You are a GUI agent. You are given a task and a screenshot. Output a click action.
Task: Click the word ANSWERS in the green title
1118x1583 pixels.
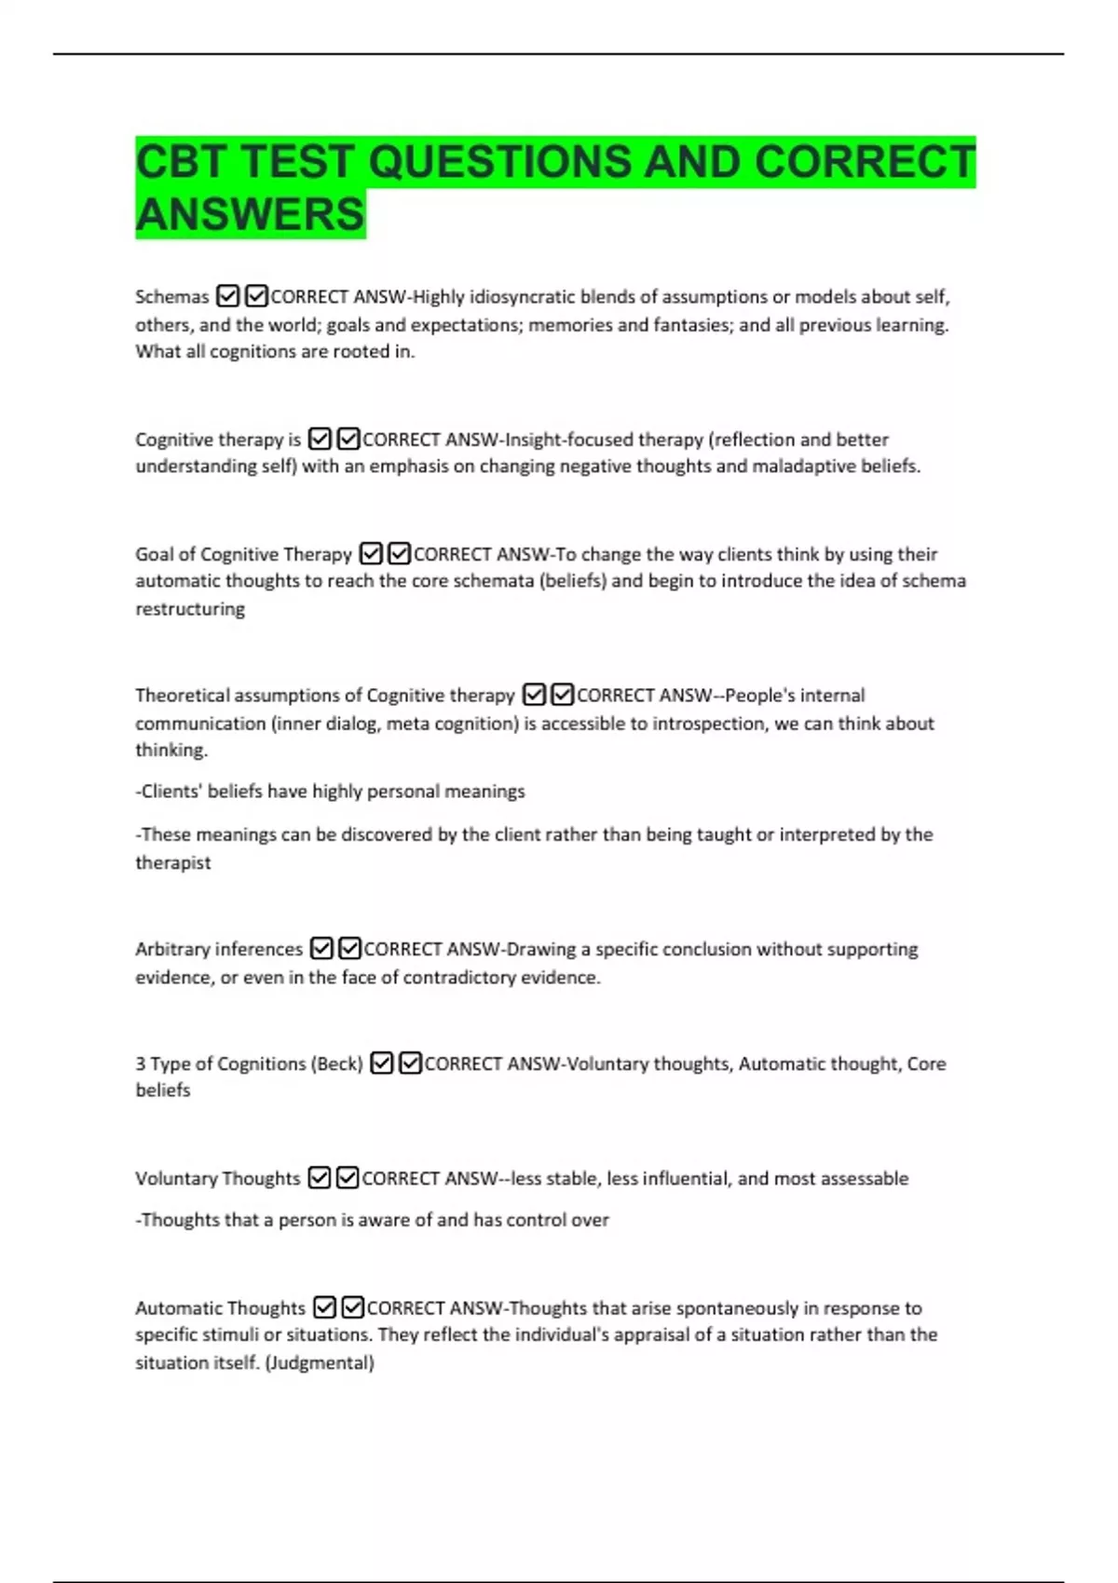pos(250,214)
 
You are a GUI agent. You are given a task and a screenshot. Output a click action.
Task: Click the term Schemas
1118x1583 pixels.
pos(172,297)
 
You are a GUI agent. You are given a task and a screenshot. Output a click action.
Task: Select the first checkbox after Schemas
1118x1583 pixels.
pos(227,296)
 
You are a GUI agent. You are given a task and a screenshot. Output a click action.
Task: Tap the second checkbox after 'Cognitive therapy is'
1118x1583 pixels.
pos(348,439)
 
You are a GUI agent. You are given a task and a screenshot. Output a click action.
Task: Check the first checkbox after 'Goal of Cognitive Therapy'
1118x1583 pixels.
pos(371,554)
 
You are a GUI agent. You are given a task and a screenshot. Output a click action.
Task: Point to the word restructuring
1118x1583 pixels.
pos(190,609)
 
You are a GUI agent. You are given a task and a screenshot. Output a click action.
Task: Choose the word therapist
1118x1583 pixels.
pos(173,862)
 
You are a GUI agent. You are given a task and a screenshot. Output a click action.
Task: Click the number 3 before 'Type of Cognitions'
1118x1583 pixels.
pos(140,1063)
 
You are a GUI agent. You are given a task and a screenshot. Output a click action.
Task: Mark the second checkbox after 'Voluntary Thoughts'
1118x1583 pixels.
pos(348,1178)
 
